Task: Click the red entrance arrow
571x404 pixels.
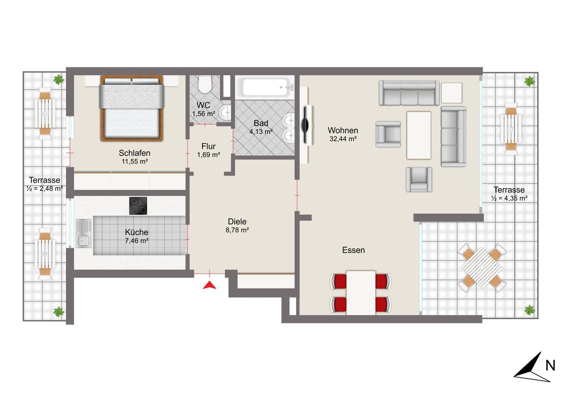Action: (210, 286)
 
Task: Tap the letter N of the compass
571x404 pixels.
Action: (550, 366)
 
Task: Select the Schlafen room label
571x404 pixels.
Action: (134, 153)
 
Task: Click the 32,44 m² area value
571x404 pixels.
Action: (343, 139)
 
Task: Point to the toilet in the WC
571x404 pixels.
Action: (205, 84)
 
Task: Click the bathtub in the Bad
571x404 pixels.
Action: (265, 87)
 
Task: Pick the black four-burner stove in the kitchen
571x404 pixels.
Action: (138, 206)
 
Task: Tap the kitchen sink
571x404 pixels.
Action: (83, 233)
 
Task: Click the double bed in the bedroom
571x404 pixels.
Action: (132, 108)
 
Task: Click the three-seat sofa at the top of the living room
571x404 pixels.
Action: (409, 92)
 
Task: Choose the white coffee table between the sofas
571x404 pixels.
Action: (419, 135)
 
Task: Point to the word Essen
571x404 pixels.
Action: (353, 250)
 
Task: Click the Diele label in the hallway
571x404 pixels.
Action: (237, 221)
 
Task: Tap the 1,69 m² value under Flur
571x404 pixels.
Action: (208, 155)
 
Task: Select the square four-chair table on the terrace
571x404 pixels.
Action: (482, 268)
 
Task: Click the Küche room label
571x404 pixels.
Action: (137, 232)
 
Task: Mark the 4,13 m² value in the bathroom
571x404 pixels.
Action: (261, 132)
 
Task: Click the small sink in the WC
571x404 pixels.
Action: (225, 112)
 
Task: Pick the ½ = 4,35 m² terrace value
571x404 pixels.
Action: (509, 198)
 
